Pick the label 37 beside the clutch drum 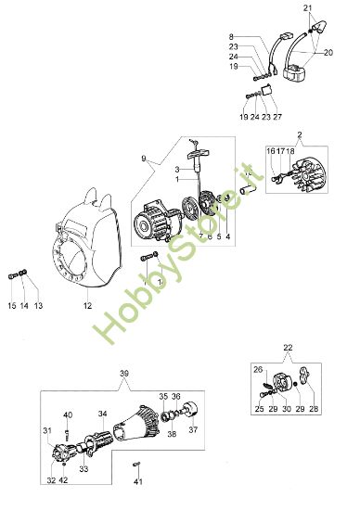pyautogui.click(x=193, y=428)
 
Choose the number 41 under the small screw pyautogui.click(x=137, y=482)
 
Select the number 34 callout pyautogui.click(x=102, y=414)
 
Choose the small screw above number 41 pyautogui.click(x=137, y=465)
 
